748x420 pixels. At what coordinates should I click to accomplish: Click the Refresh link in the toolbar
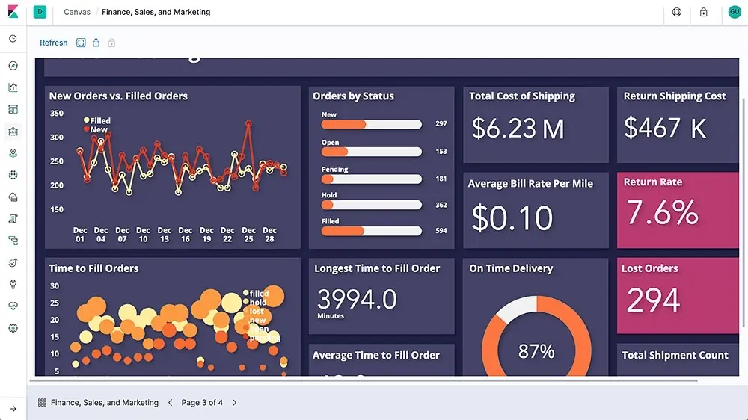point(54,43)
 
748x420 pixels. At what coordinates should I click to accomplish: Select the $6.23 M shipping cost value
point(518,129)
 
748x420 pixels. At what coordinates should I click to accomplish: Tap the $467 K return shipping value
point(665,128)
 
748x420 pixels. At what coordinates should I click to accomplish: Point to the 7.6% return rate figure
point(662,213)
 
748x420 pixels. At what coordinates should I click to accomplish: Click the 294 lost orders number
point(653,300)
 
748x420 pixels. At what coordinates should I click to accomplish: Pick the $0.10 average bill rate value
point(512,217)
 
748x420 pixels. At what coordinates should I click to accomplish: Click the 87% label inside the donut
point(536,350)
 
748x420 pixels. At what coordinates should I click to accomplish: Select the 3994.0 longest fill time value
point(357,299)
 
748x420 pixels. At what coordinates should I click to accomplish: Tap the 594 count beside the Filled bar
point(441,231)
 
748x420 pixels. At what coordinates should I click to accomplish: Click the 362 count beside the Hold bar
point(441,205)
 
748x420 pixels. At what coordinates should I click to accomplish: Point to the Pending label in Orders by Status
point(335,170)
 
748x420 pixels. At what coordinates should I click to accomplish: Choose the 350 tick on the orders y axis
point(57,114)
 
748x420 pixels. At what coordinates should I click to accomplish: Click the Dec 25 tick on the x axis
point(248,235)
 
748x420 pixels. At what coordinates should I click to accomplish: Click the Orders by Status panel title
point(353,96)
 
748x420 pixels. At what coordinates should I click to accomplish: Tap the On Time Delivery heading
point(511,268)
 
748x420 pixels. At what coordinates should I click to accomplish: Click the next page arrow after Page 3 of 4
point(234,403)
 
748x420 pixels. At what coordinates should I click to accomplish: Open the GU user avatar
point(735,12)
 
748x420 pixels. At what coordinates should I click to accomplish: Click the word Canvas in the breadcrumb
point(77,12)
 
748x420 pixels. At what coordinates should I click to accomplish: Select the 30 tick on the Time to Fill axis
point(55,286)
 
